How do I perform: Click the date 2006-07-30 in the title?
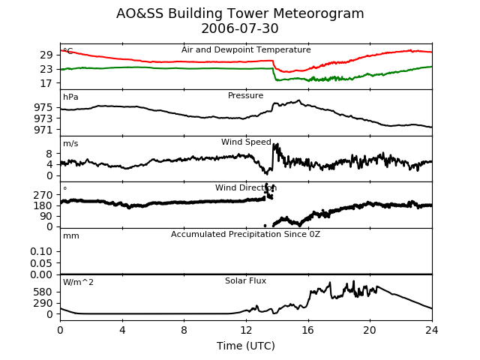coord(240,28)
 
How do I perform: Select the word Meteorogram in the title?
coord(318,13)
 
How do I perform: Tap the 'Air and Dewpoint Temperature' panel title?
coord(246,49)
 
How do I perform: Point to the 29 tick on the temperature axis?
coord(46,55)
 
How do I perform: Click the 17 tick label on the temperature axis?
coord(46,83)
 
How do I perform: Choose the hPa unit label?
coord(70,97)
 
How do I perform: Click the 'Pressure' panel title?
coord(245,95)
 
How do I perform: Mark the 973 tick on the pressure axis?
coord(43,118)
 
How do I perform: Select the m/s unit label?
coord(70,143)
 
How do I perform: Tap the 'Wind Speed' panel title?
coord(246,142)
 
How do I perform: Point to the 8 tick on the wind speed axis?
coord(49,154)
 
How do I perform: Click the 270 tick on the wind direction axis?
coord(43,195)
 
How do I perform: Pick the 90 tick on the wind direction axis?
coord(46,216)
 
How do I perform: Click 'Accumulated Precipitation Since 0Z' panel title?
coord(245,235)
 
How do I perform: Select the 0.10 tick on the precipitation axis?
coord(41,252)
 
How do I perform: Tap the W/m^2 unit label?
coord(78,282)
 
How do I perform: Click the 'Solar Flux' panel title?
coord(245,280)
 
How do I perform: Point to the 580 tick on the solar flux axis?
coord(43,292)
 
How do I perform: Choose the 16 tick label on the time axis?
coord(308,330)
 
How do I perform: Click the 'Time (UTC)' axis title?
coord(246,346)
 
